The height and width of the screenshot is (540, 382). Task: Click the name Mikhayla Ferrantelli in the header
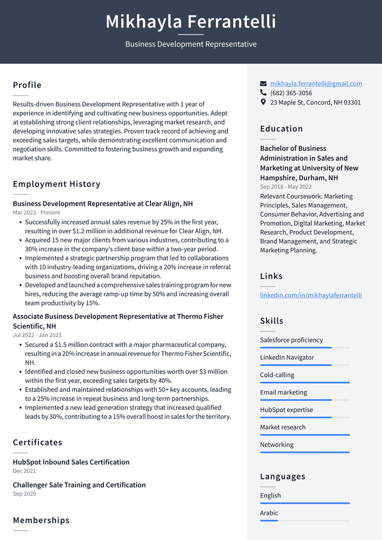[x=190, y=22]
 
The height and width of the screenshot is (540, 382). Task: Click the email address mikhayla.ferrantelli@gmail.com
[x=316, y=83]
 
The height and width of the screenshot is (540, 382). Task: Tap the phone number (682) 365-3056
[x=291, y=93]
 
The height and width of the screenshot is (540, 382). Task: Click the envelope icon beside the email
[x=263, y=83]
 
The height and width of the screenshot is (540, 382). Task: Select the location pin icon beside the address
[x=263, y=102]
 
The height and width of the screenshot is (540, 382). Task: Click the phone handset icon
[x=263, y=93]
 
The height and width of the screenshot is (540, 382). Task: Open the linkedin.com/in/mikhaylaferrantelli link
[x=311, y=295]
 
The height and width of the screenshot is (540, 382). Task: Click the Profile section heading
[x=27, y=85]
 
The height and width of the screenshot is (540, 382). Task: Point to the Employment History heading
[x=56, y=184]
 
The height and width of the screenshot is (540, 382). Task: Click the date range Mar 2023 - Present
[x=36, y=213]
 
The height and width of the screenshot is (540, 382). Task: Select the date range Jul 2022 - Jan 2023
[x=37, y=335]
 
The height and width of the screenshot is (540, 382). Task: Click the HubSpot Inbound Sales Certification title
[x=71, y=462]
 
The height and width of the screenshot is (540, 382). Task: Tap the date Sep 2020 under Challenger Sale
[x=24, y=494]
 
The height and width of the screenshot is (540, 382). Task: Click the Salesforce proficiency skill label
[x=291, y=340]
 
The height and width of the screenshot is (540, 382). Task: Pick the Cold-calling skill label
[x=277, y=375]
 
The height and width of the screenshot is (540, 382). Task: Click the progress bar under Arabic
[x=304, y=520]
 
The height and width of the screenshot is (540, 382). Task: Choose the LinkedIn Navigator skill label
[x=286, y=357]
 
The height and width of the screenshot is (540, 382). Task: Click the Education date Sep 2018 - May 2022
[x=285, y=187]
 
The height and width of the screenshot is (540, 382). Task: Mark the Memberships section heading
[x=41, y=520]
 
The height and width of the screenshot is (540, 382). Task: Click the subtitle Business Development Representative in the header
[x=190, y=44]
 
